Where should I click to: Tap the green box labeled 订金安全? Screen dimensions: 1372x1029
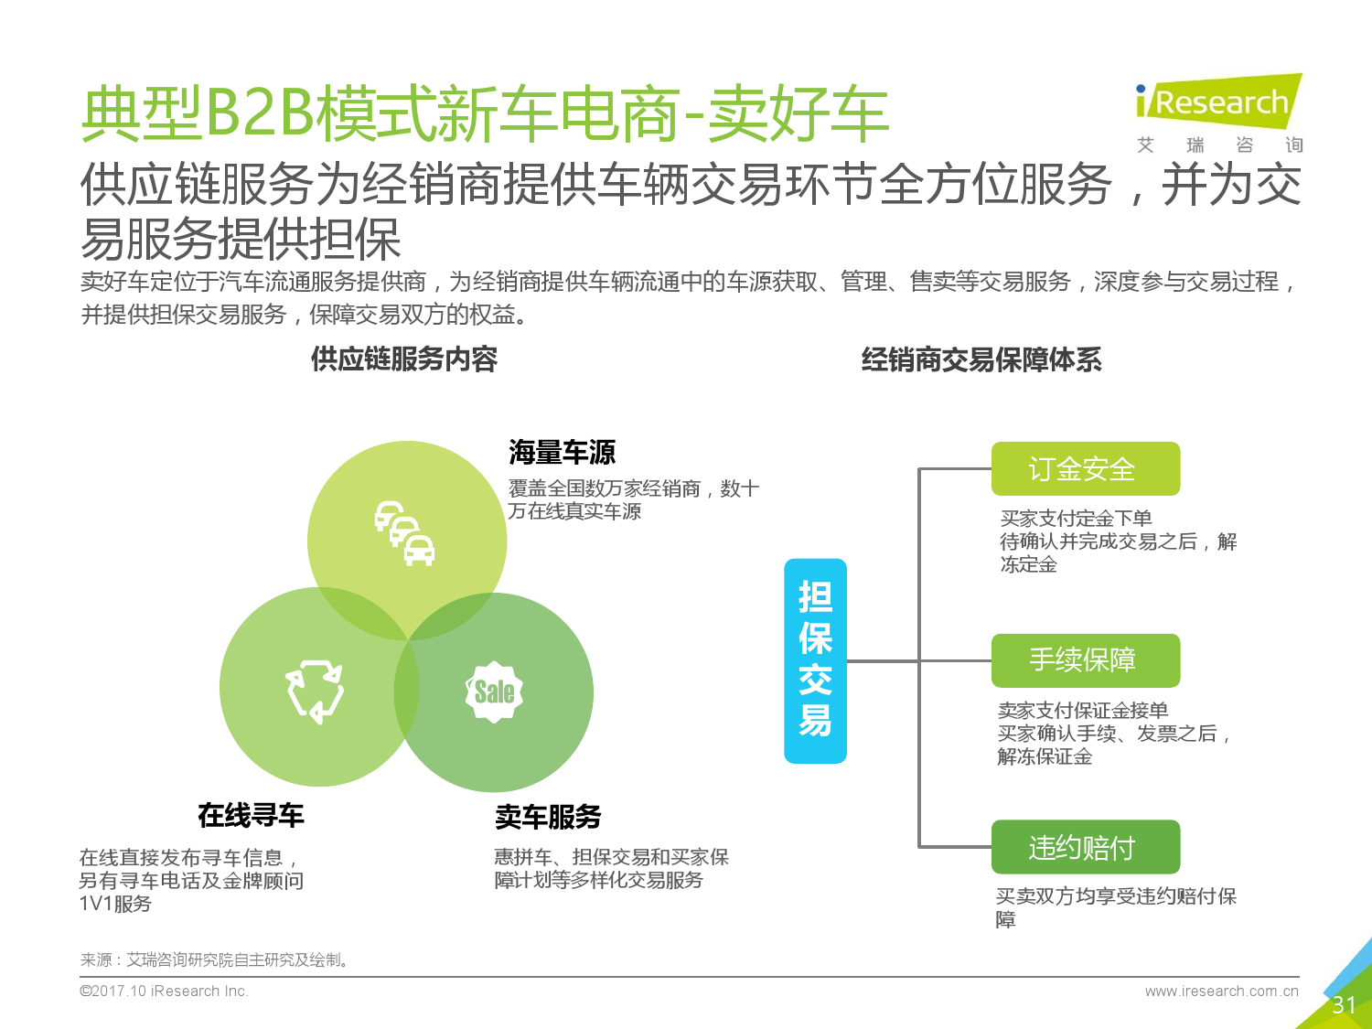pyautogui.click(x=1086, y=468)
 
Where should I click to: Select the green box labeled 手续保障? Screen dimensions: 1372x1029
pyautogui.click(x=1086, y=660)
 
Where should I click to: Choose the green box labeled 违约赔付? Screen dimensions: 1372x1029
pyautogui.click(x=1086, y=847)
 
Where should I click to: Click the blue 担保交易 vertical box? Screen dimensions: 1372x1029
pyautogui.click(x=815, y=660)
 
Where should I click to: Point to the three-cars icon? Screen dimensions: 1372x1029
pyautogui.click(x=404, y=533)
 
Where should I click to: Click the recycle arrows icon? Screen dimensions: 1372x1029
pyautogui.click(x=315, y=691)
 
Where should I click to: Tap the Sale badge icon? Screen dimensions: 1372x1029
pyautogui.click(x=494, y=691)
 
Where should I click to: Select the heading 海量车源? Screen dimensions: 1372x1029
pyautogui.click(x=562, y=452)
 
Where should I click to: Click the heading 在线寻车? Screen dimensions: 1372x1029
pyautogui.click(x=251, y=815)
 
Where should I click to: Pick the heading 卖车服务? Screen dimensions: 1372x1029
pyautogui.click(x=548, y=817)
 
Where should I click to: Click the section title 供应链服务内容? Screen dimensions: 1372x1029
pyautogui.click(x=404, y=359)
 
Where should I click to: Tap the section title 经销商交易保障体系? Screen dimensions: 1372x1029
pyautogui.click(x=981, y=359)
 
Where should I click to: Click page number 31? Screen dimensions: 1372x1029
pyautogui.click(x=1344, y=1005)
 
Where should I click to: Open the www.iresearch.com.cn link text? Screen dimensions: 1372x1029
pyautogui.click(x=1221, y=991)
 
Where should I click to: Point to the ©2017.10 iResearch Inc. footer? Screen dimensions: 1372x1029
pyautogui.click(x=164, y=991)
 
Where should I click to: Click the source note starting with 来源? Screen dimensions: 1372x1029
pyautogui.click(x=214, y=959)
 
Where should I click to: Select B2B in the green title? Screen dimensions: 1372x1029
pyautogui.click(x=260, y=113)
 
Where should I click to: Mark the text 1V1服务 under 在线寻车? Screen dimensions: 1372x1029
pyautogui.click(x=115, y=904)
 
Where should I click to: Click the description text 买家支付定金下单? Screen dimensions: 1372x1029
pyautogui.click(x=1076, y=518)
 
